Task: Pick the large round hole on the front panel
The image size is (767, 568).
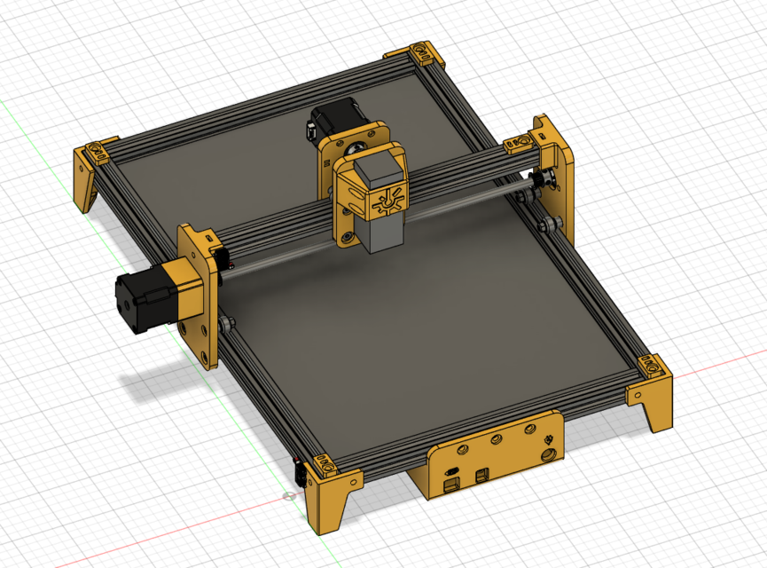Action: point(549,454)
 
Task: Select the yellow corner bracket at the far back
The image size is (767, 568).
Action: point(424,55)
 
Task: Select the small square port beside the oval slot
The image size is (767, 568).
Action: point(482,475)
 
